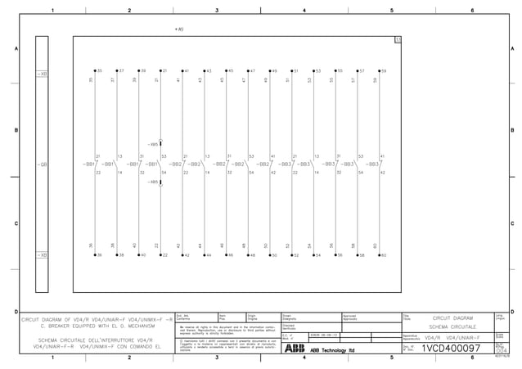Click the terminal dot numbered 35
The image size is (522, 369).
(x=95, y=72)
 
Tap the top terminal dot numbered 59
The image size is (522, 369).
(x=378, y=72)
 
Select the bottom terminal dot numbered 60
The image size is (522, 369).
(x=378, y=255)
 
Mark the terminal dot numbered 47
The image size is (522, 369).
(x=247, y=72)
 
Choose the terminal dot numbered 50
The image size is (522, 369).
(x=268, y=255)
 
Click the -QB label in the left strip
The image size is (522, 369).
(x=43, y=164)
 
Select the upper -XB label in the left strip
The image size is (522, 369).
(x=43, y=74)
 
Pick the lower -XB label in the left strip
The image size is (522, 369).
(x=43, y=256)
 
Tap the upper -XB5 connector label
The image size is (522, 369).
(x=153, y=145)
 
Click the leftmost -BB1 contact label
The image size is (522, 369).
(x=88, y=164)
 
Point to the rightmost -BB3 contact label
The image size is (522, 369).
(x=371, y=164)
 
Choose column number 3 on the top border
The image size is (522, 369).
(x=217, y=10)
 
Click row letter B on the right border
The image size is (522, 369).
(x=513, y=131)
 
